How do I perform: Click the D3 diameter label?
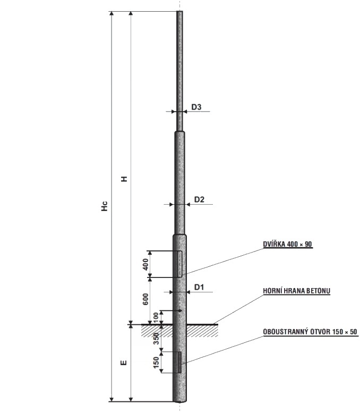point(196,107)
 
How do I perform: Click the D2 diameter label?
point(199,200)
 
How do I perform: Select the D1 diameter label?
point(199,287)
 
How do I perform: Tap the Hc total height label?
point(105,206)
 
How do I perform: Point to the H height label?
point(124,179)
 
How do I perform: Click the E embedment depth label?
point(124,363)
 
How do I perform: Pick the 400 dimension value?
point(145,264)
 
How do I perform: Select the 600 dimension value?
point(145,299)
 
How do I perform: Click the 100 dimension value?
point(156,318)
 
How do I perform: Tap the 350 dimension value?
point(156,339)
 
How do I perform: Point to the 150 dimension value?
point(156,363)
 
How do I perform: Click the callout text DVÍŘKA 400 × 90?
point(288,244)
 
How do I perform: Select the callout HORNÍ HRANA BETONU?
point(296,291)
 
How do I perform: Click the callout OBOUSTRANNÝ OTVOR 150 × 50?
point(310,332)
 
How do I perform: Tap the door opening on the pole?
point(180,264)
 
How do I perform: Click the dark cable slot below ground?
point(179,363)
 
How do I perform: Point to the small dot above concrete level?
point(180,311)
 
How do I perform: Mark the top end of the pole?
point(180,11)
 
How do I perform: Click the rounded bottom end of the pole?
point(180,401)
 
